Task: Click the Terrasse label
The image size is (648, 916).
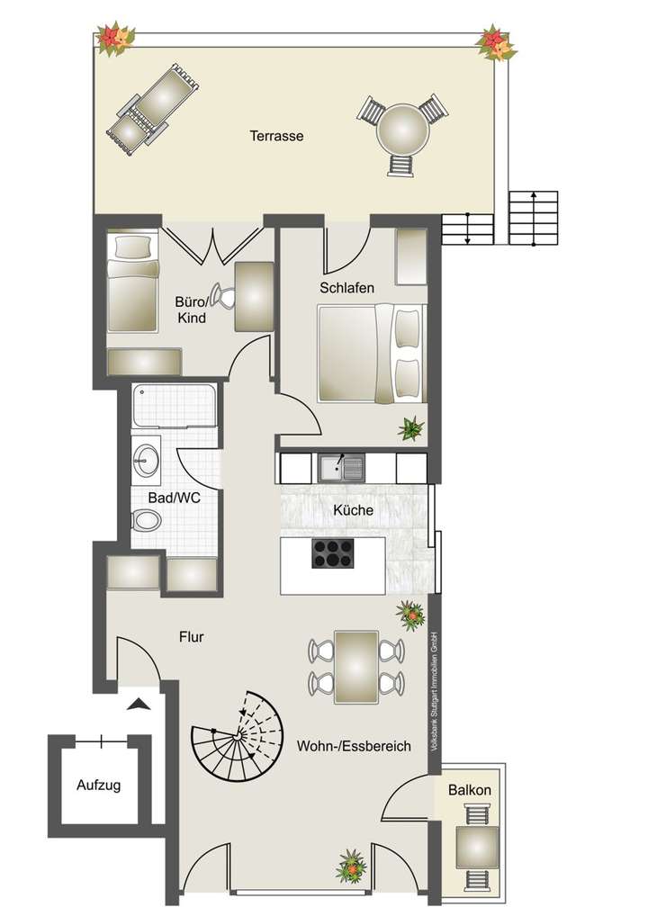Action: coord(277,137)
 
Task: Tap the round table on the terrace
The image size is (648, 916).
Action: coord(402,130)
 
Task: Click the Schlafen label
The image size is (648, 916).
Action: coord(346,288)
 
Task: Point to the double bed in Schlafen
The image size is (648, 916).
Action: coord(369,352)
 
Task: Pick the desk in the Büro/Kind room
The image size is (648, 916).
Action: coord(254,296)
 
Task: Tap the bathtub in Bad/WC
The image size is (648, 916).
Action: coord(174,408)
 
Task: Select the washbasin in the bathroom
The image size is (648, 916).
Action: coord(146,462)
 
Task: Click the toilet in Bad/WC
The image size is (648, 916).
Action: coord(145,520)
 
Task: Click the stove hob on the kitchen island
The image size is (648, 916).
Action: coord(333,554)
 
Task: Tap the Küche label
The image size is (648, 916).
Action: coord(353,510)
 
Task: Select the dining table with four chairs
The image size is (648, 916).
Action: coord(355,666)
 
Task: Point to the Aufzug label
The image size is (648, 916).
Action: coord(98,785)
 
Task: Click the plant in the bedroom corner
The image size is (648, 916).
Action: coord(411,428)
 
